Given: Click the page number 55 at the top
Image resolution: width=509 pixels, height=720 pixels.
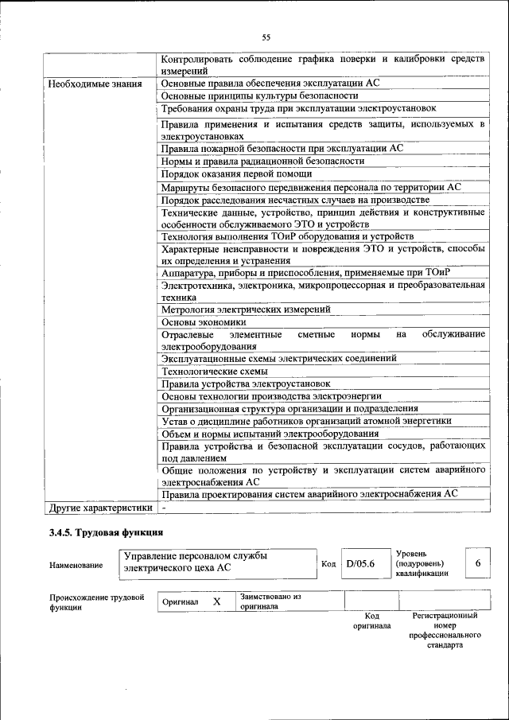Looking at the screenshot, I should pyautogui.click(x=266, y=37).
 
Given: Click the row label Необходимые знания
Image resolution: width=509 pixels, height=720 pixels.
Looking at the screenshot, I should pyautogui.click(x=95, y=84).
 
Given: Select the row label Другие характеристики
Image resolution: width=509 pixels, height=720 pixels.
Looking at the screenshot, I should pyautogui.click(x=100, y=506).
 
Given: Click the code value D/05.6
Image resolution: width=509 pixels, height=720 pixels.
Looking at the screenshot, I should pyautogui.click(x=360, y=564).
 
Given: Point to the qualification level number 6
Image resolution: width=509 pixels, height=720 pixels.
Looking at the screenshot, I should pyautogui.click(x=478, y=562).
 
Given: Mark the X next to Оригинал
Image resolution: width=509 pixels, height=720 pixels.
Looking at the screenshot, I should pyautogui.click(x=216, y=602).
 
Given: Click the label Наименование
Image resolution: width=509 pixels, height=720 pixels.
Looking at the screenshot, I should pyautogui.click(x=76, y=565).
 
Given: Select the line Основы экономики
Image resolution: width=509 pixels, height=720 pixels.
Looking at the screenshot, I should pyautogui.click(x=204, y=322).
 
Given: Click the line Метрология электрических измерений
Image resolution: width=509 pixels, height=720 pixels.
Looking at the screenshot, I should pyautogui.click(x=246, y=309).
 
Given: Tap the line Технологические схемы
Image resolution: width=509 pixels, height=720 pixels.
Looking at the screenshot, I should pyautogui.click(x=215, y=371).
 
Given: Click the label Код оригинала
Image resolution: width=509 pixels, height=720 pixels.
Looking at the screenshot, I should pyautogui.click(x=371, y=621).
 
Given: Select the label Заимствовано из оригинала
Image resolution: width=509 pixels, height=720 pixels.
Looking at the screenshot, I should pyautogui.click(x=270, y=601).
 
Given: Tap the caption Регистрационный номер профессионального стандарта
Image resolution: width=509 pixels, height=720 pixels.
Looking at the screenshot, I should pyautogui.click(x=445, y=631).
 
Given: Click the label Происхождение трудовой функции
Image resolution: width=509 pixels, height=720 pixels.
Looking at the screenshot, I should pyautogui.click(x=96, y=601).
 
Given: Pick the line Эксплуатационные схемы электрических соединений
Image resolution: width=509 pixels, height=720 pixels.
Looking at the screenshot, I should pyautogui.click(x=279, y=359).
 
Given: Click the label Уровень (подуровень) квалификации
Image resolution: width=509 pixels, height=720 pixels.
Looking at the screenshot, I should pyautogui.click(x=422, y=562).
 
